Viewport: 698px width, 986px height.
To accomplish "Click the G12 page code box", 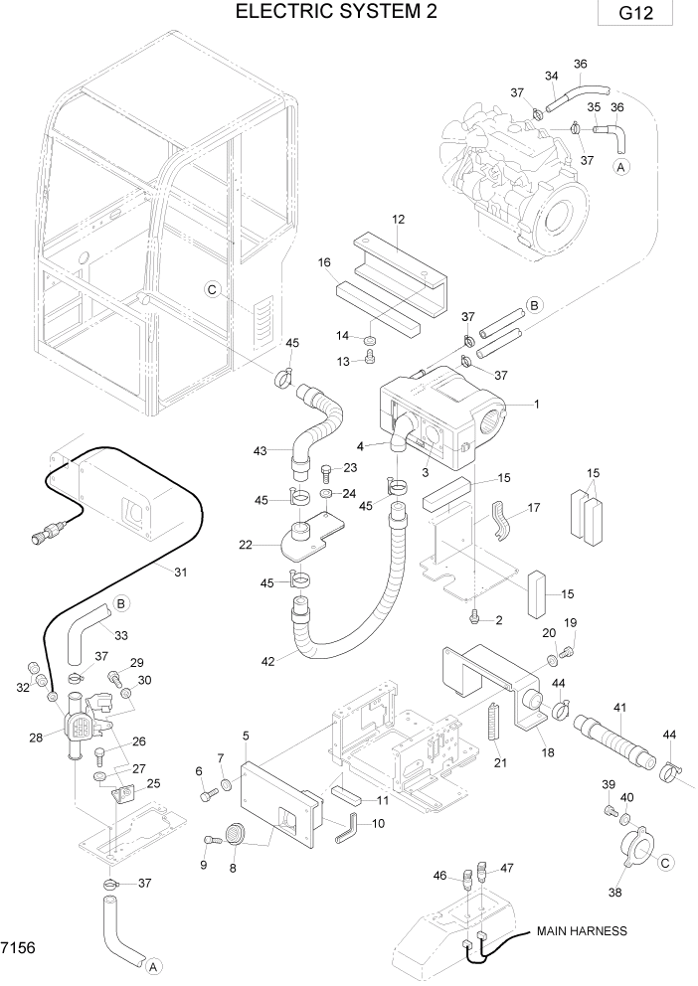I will pos(635,17).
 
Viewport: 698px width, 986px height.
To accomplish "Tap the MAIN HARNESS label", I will pos(582,931).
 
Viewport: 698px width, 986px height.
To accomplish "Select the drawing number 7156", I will pos(19,948).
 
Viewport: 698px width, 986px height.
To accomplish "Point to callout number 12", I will pos(399,219).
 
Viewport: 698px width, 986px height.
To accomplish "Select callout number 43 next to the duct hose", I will pos(260,451).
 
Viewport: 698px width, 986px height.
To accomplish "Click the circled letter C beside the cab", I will pos(211,289).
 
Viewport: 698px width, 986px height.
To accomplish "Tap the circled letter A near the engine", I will pos(621,167).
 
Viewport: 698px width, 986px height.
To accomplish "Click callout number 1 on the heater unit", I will pos(536,405).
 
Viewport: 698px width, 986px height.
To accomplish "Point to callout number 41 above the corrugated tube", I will pos(619,707).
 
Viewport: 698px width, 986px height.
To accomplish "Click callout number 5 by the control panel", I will pos(245,735).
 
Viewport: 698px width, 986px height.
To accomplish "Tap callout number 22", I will pos(245,544).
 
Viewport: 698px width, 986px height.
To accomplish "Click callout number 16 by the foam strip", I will pos(324,262).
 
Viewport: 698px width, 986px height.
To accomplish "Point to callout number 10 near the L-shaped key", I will pos(377,824).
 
